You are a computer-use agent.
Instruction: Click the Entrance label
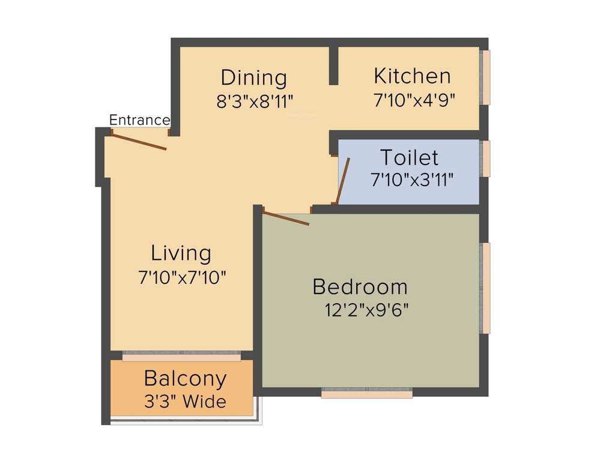139,120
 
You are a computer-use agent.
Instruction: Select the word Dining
253,78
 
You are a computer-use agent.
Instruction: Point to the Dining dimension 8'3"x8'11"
255,101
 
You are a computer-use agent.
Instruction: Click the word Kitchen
412,76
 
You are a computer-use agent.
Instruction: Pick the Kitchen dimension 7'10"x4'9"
414,100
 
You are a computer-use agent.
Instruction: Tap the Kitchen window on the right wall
486,77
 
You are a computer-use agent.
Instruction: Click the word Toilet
409,158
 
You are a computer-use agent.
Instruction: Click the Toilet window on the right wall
486,158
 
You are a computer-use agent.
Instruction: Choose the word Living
181,253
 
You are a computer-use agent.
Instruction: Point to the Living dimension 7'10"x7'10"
182,277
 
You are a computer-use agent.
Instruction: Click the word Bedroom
360,287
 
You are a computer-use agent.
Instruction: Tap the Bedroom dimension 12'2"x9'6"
366,310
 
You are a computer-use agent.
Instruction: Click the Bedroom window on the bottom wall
367,394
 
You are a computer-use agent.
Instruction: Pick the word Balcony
186,379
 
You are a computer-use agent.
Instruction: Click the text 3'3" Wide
184,401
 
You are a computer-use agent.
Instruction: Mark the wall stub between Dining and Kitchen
333,65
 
